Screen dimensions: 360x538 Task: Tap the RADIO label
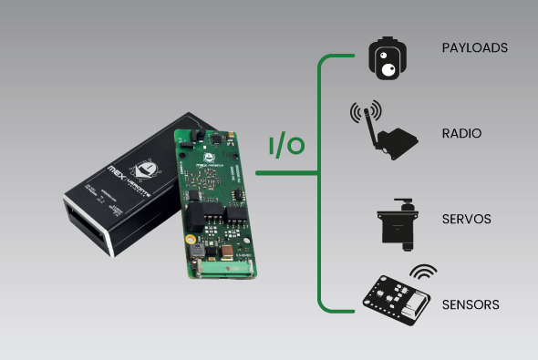461,134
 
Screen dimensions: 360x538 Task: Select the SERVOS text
466,220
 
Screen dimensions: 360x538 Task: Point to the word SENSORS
471,304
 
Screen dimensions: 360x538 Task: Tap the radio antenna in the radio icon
365,123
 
